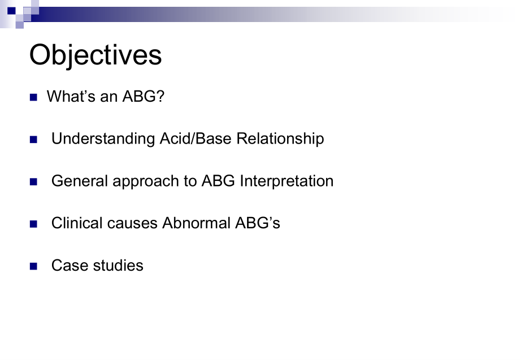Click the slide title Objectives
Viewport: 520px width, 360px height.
tap(96, 55)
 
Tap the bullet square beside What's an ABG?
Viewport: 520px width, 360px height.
tap(33, 97)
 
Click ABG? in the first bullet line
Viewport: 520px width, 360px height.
tap(143, 96)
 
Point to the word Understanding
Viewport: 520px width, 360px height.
tap(103, 139)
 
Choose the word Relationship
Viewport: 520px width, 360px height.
tap(280, 139)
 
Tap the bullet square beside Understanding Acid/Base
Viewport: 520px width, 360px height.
tap(33, 140)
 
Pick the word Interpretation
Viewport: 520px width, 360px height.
tap(287, 181)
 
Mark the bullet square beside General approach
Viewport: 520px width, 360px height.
tap(33, 181)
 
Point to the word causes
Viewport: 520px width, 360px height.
tap(132, 223)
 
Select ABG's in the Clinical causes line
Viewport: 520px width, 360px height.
tap(258, 223)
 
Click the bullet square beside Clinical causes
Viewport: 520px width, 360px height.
tap(33, 224)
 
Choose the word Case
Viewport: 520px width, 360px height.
tap(70, 266)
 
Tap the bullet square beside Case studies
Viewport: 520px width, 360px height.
tap(33, 266)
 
